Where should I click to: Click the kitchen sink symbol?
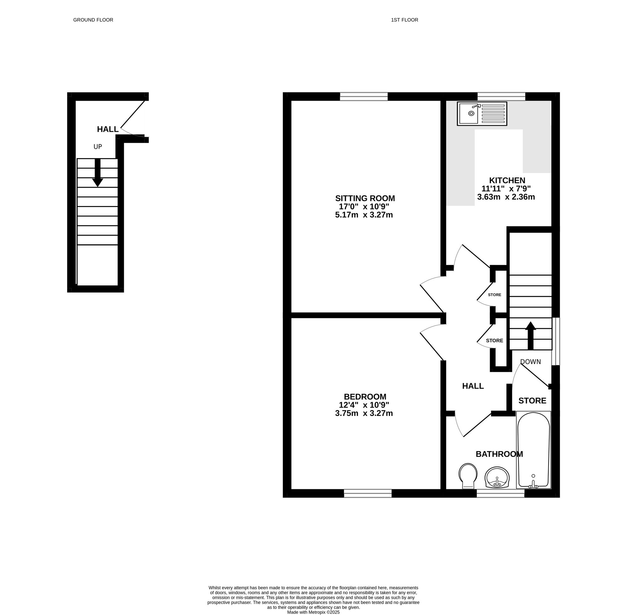click(482, 114)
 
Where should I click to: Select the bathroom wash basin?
click(497, 477)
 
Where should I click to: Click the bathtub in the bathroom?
click(533, 450)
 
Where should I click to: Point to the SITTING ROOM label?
click(365, 198)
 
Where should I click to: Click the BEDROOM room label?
click(365, 396)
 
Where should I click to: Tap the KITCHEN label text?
click(507, 180)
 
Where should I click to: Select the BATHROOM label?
click(499, 454)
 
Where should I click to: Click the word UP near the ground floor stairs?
click(97, 147)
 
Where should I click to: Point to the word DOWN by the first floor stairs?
click(530, 362)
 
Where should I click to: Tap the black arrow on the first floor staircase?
click(530, 336)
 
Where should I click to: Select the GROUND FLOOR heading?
click(93, 20)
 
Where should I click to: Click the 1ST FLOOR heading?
click(404, 20)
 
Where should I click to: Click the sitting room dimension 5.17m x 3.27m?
click(364, 215)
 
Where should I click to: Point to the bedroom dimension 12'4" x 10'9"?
click(364, 405)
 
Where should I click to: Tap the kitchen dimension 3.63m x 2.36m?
click(506, 197)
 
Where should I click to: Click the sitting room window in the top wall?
click(364, 96)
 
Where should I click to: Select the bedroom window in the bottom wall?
click(368, 493)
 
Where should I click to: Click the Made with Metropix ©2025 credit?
click(313, 612)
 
